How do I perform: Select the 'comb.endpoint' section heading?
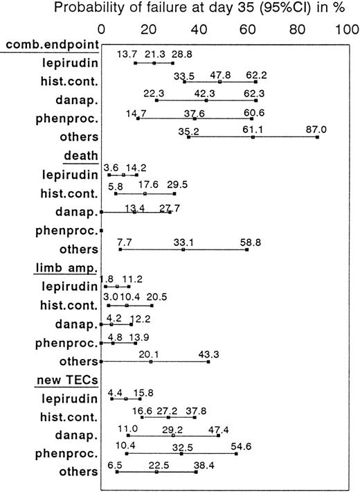tap(49, 45)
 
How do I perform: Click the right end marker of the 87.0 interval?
tap(317, 137)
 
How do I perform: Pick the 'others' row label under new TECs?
tap(80, 472)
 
